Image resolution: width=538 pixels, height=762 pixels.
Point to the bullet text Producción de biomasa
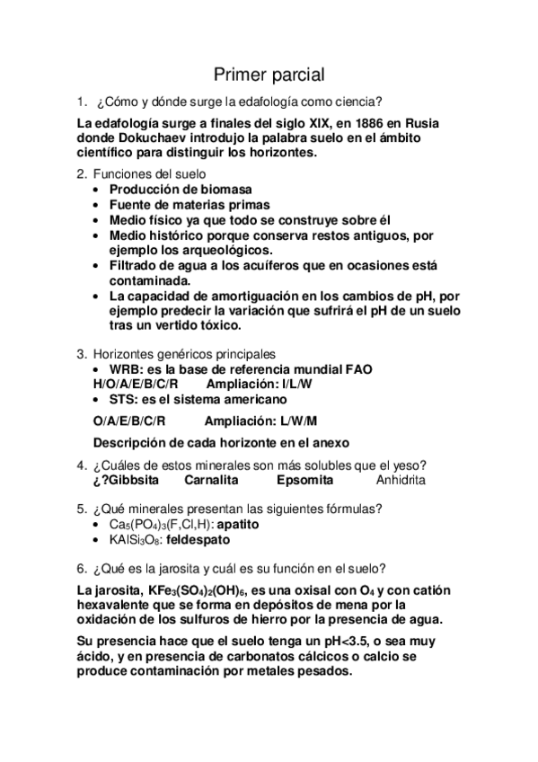[181, 190]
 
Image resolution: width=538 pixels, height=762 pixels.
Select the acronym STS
[123, 399]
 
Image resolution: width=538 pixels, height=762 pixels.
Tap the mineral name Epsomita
[304, 480]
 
